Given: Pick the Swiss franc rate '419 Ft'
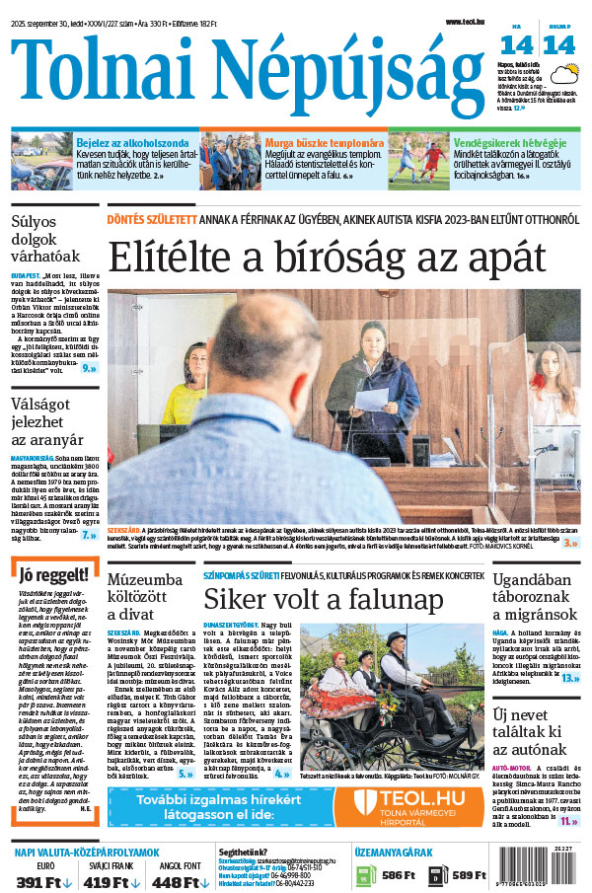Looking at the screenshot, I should pyautogui.click(x=108, y=880).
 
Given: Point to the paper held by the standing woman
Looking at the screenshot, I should pyautogui.click(x=371, y=399).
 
